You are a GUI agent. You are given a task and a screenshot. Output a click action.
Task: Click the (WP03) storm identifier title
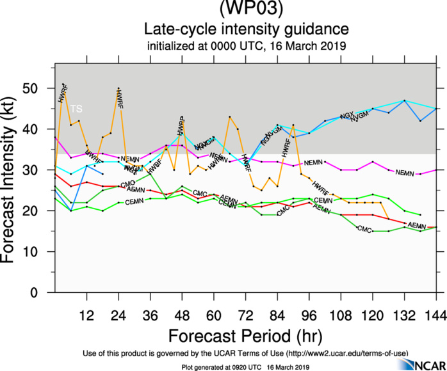pos(247,9)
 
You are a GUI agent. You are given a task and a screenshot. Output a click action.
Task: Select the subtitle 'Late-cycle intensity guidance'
pos(247,29)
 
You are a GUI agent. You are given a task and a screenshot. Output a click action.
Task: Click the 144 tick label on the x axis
pos(435,315)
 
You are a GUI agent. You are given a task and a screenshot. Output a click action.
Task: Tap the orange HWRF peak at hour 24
pos(118,89)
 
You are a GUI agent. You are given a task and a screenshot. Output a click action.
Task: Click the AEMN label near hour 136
pos(417,226)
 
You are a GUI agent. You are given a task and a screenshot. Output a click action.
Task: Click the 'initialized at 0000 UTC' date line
pos(247,45)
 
